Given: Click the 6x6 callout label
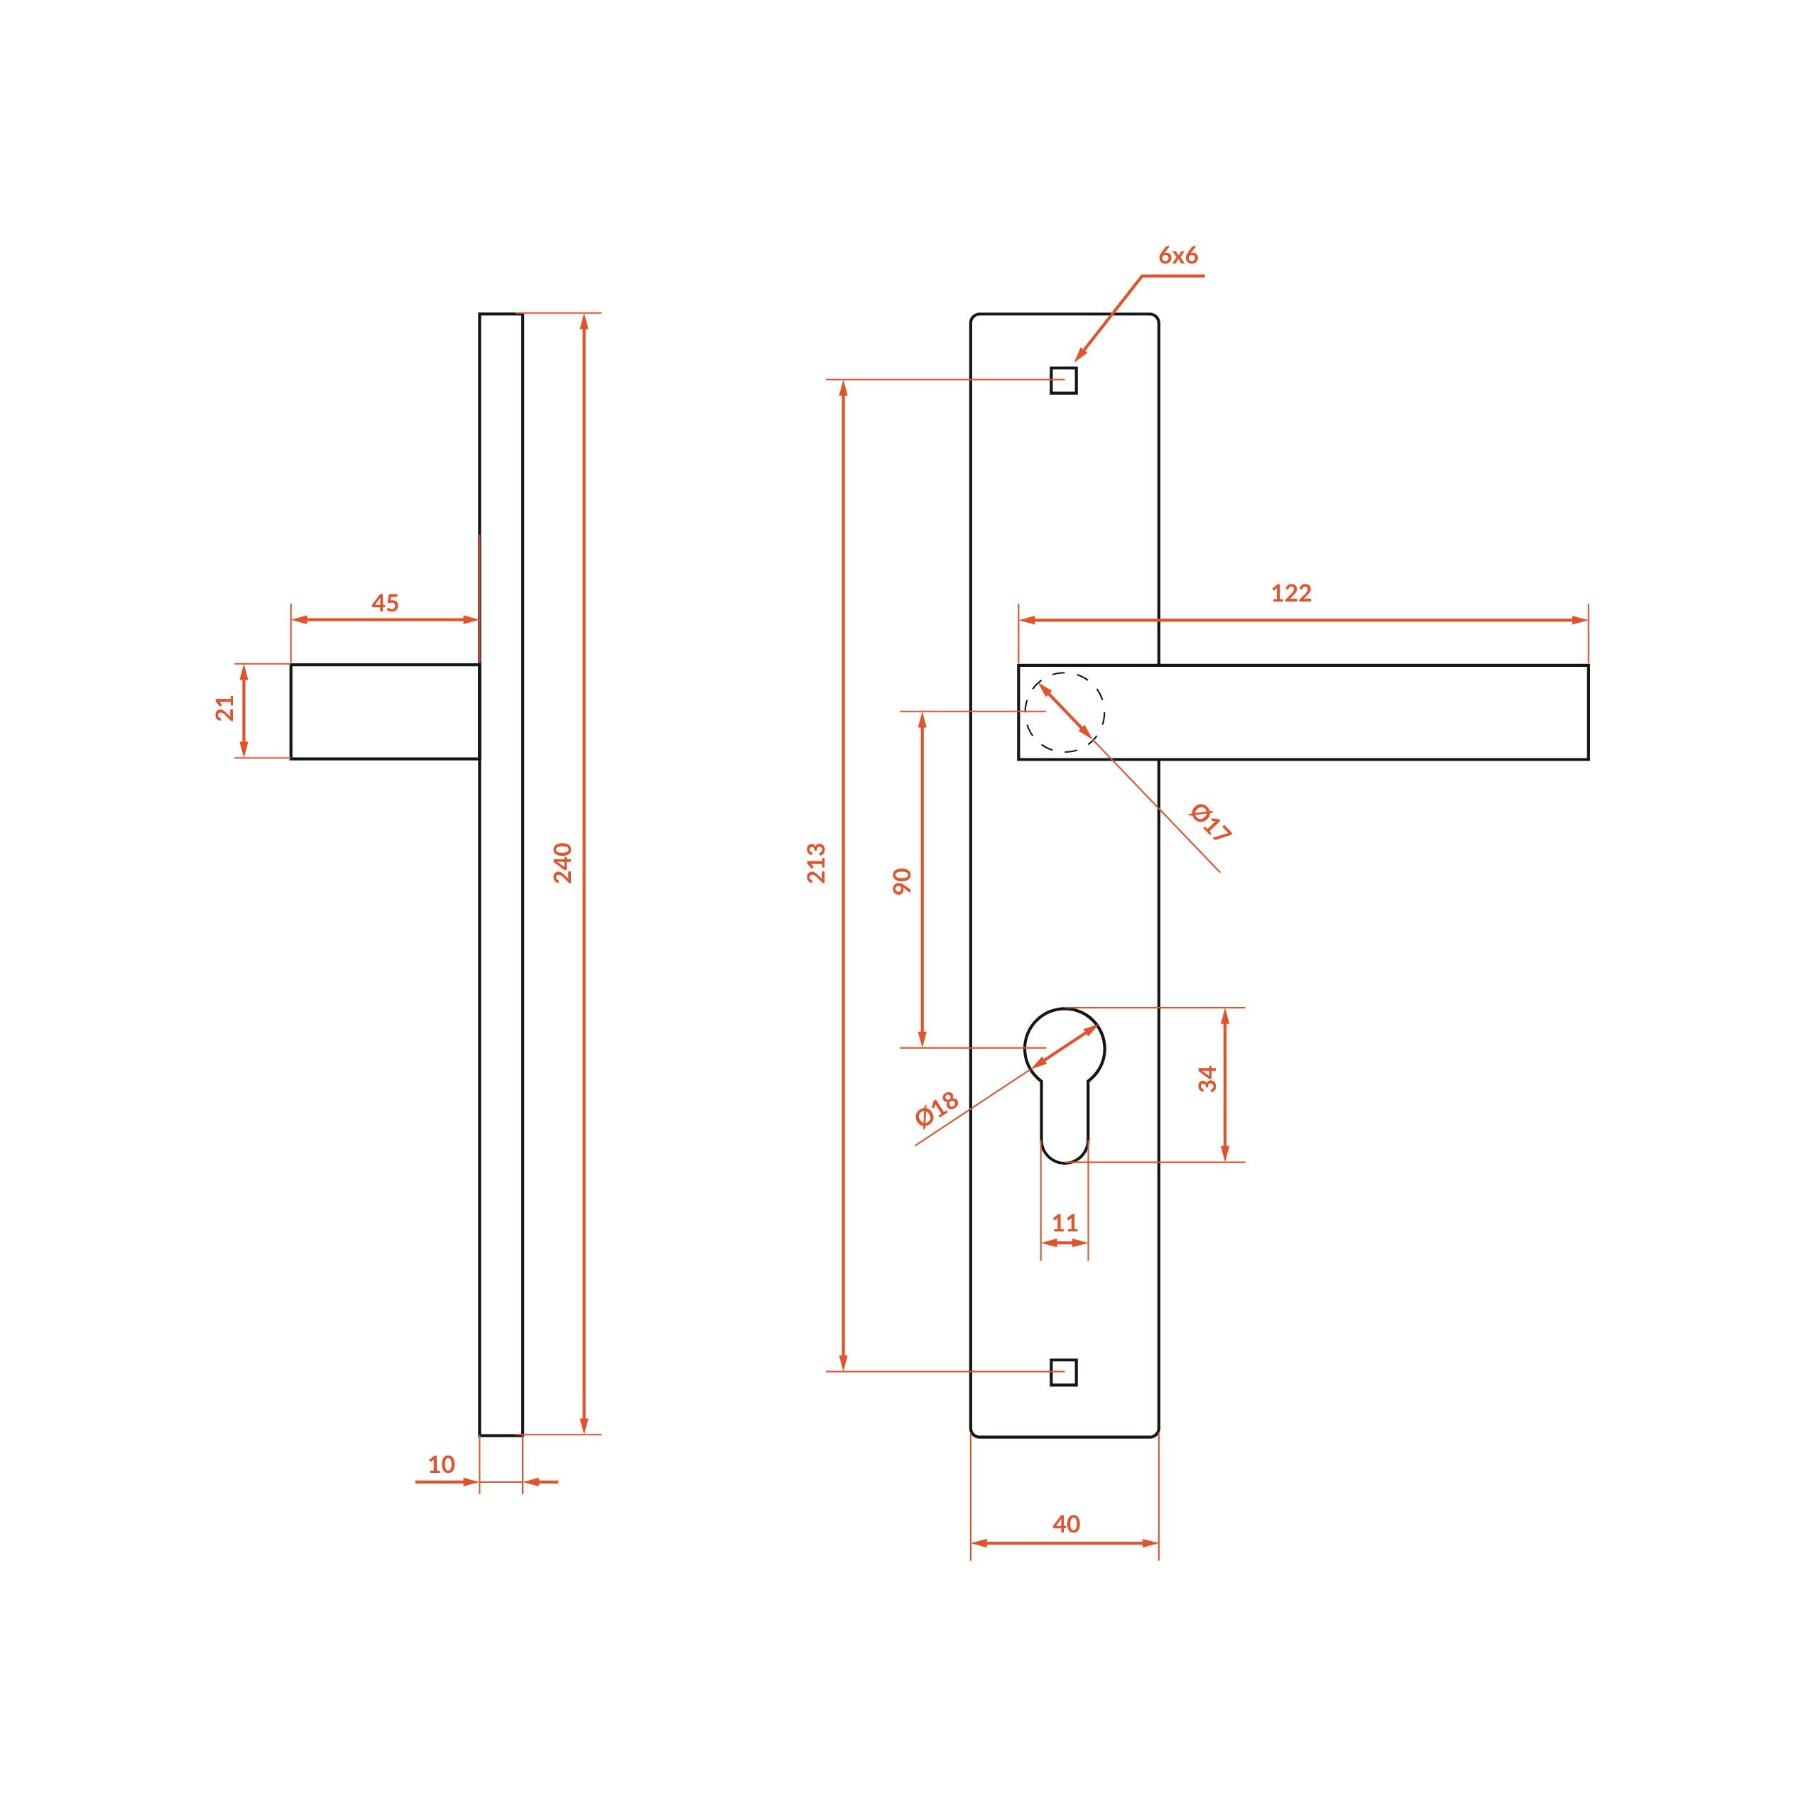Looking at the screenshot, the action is (x=1178, y=256).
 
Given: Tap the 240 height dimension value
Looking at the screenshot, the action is (x=562, y=863).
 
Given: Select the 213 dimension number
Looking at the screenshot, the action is (x=817, y=863).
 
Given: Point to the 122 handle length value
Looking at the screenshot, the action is (x=1291, y=593).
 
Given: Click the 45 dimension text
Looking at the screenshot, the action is (x=385, y=603).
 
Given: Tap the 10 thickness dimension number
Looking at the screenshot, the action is (x=441, y=1464).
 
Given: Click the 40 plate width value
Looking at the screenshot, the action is (x=1066, y=1523).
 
